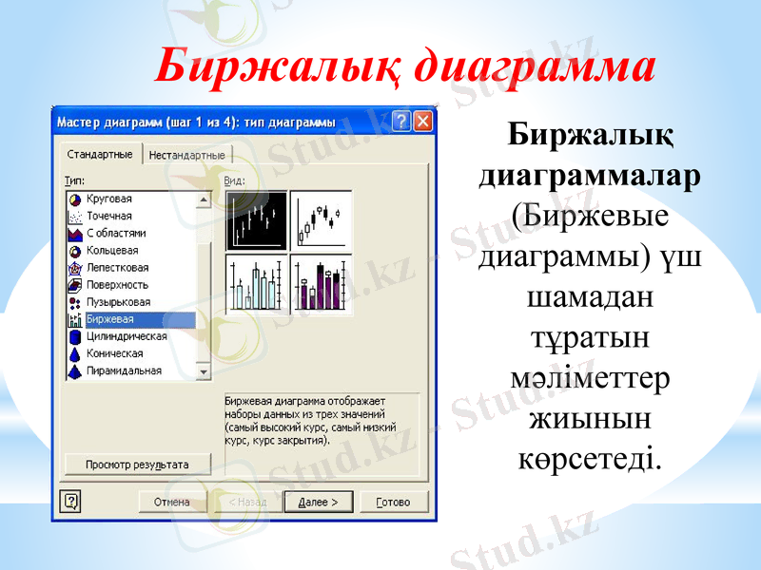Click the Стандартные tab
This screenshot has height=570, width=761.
click(100, 155)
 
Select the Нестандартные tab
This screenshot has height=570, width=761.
click(187, 155)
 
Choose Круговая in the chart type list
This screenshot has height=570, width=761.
click(109, 199)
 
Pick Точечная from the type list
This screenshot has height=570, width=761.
click(109, 217)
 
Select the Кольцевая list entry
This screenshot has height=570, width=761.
click(112, 251)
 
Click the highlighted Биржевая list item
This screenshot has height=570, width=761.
click(110, 319)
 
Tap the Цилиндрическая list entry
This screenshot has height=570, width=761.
click(127, 336)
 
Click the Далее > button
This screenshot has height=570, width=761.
click(318, 503)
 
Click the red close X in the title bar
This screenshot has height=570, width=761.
click(423, 122)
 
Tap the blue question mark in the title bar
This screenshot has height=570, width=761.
click(401, 122)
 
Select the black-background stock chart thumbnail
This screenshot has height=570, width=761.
click(257, 220)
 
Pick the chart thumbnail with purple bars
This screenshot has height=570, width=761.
click(322, 284)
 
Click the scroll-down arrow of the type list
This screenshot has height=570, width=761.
click(203, 371)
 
